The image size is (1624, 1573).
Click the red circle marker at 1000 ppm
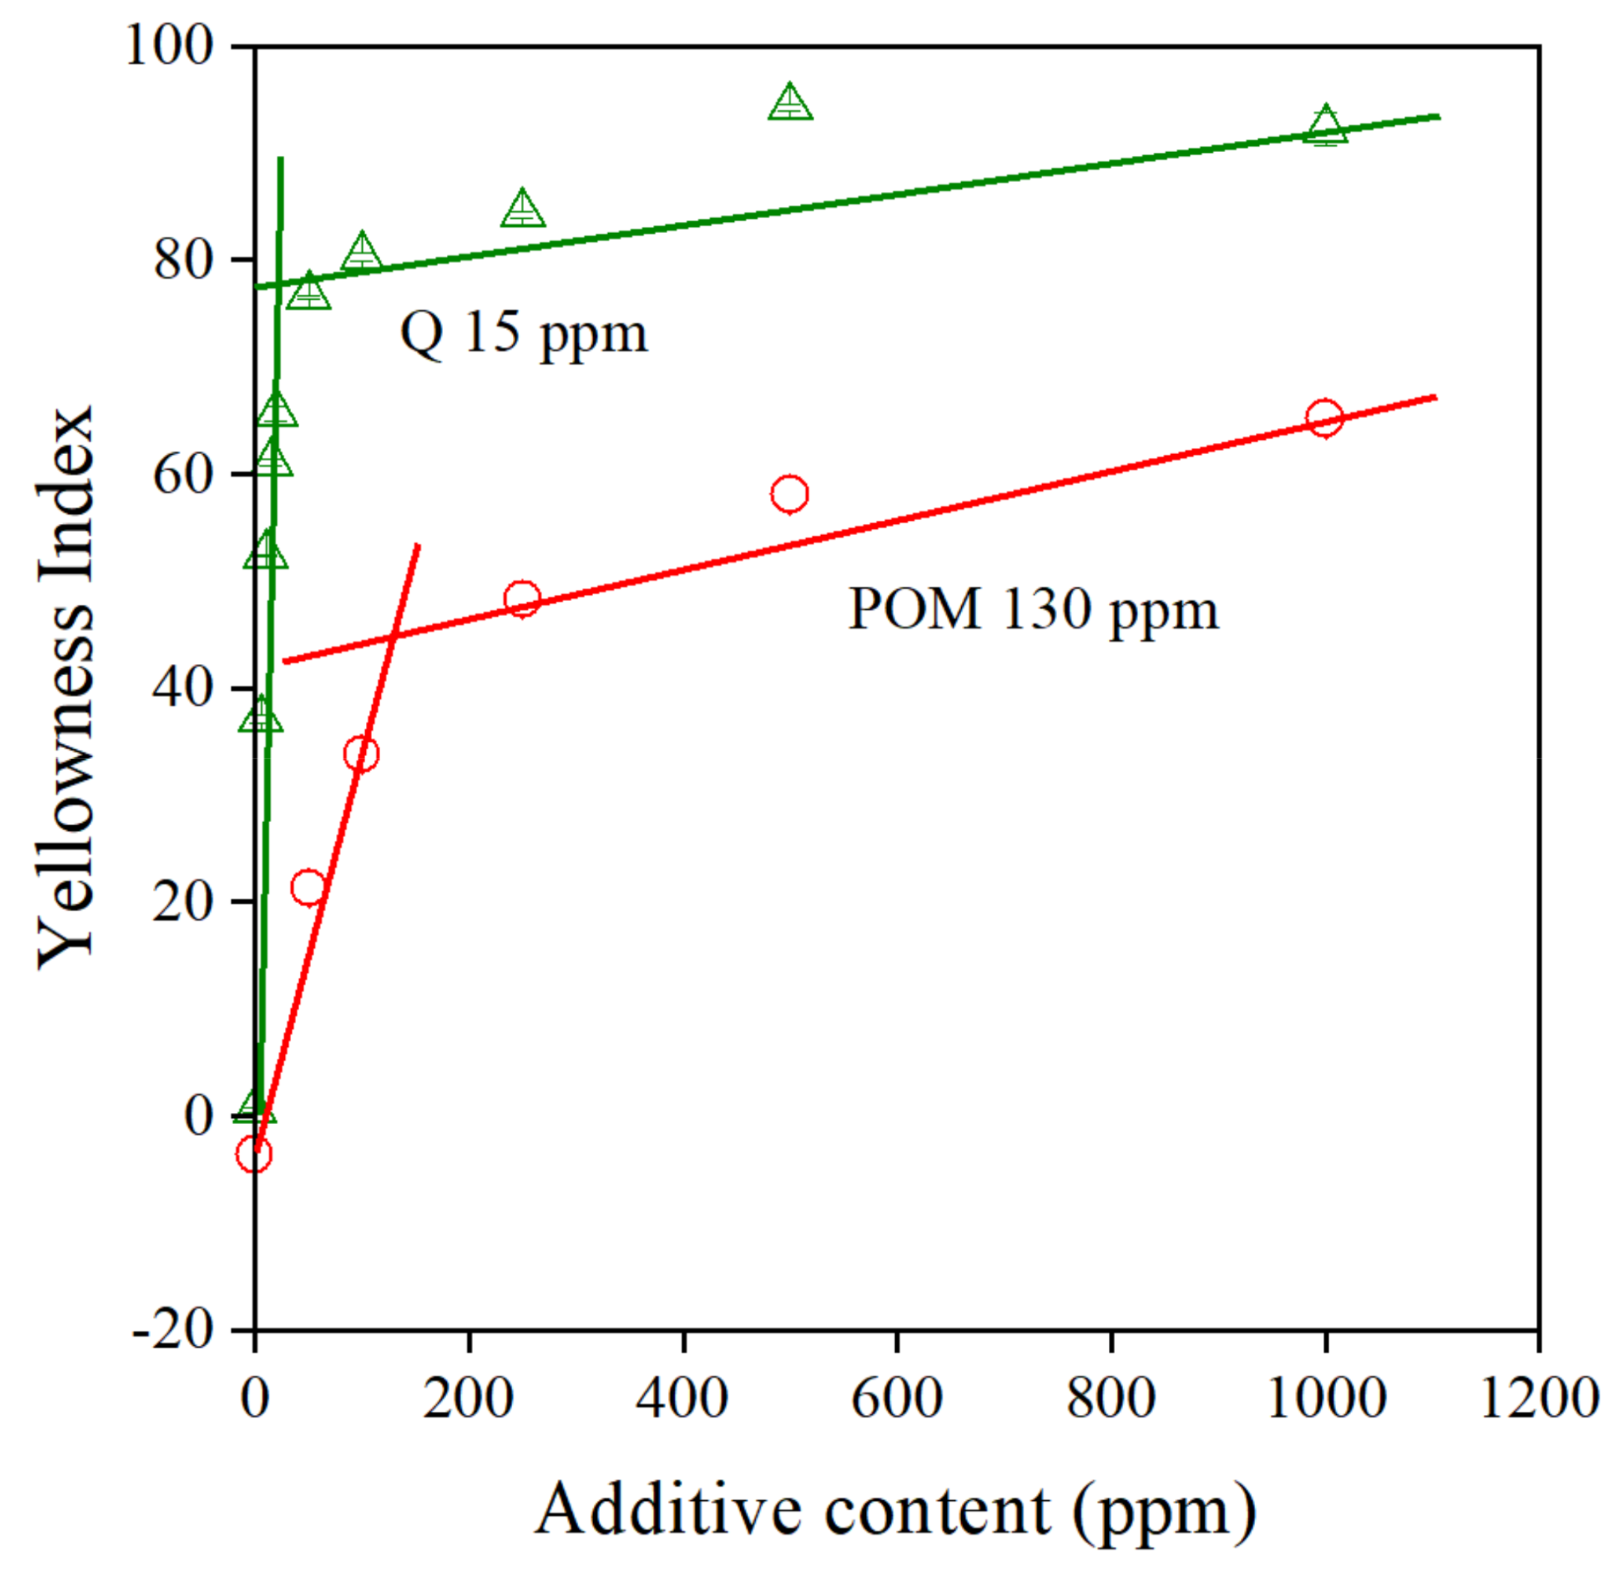(1324, 417)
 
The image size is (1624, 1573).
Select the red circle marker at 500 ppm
(789, 494)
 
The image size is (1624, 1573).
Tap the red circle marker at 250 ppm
(522, 599)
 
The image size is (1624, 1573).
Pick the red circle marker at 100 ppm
(361, 754)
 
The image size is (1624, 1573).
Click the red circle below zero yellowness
(253, 1154)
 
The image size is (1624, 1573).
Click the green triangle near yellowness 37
(260, 716)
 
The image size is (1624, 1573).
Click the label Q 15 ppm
(523, 333)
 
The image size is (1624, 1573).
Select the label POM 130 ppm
(1033, 610)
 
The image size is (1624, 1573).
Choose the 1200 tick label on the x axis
(1538, 1399)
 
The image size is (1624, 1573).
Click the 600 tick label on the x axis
(897, 1399)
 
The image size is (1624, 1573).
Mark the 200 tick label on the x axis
(468, 1399)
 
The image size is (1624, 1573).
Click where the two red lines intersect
(394, 636)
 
